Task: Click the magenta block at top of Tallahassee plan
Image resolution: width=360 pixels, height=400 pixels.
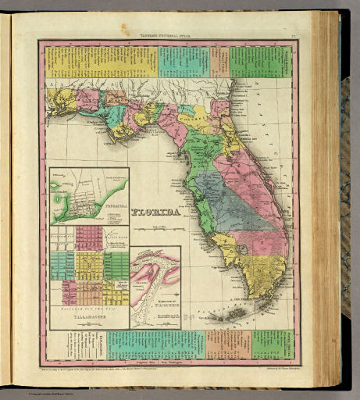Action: click(x=89, y=234)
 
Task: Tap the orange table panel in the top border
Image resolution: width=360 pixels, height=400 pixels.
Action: click(x=219, y=61)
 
